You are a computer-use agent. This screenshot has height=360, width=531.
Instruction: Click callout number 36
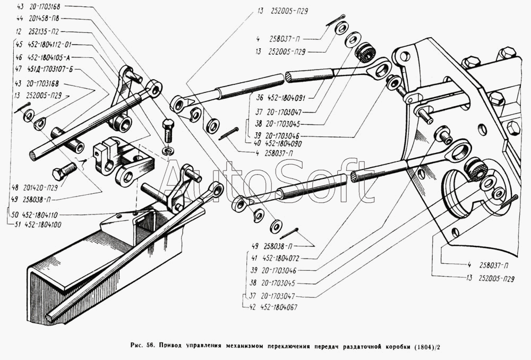coord(259,97)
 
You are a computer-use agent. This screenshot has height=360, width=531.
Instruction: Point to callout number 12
coord(19,32)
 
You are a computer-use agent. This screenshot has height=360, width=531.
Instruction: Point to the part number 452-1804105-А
coord(55,56)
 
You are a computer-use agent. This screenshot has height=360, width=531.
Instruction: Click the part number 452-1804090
coord(279,143)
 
